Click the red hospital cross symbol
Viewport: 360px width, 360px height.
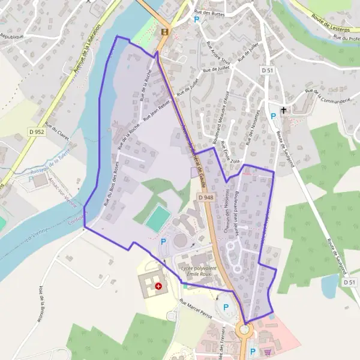click(x=158, y=286)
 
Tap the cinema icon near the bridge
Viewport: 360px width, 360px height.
click(x=164, y=32)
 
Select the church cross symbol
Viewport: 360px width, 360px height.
click(x=284, y=110)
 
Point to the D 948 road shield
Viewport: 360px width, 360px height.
click(x=205, y=197)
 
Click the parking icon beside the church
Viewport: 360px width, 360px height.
click(x=272, y=116)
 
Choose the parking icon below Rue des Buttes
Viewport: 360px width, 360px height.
click(x=196, y=19)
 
